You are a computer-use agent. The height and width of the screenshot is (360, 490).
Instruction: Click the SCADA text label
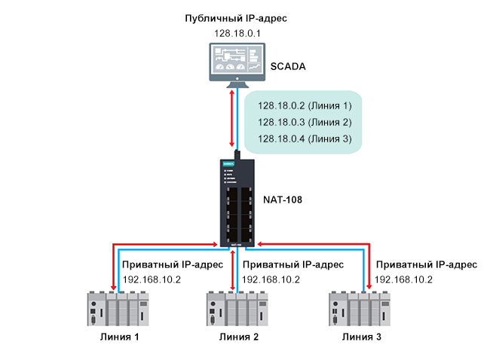(x=287, y=67)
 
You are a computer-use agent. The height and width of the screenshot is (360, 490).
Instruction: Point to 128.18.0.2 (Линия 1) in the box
(x=305, y=106)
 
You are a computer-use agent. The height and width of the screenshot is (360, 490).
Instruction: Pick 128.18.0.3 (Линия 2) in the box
(x=305, y=122)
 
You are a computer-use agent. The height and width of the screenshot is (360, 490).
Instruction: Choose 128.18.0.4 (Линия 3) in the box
(x=305, y=139)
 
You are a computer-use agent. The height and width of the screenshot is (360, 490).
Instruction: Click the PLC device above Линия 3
(x=357, y=310)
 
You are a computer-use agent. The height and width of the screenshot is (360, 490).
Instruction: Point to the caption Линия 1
(x=119, y=337)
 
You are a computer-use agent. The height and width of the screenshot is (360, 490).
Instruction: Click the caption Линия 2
(x=237, y=337)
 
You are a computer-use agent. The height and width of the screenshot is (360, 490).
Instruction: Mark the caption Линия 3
(x=361, y=337)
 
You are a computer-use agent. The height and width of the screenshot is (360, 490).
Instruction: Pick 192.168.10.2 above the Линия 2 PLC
(x=271, y=279)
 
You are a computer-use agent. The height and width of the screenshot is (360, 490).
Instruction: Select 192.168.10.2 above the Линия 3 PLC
(x=404, y=279)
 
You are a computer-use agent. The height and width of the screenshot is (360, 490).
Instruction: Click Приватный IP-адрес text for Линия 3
(x=426, y=265)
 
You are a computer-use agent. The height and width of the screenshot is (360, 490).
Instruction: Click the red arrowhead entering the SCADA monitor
(x=231, y=92)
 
